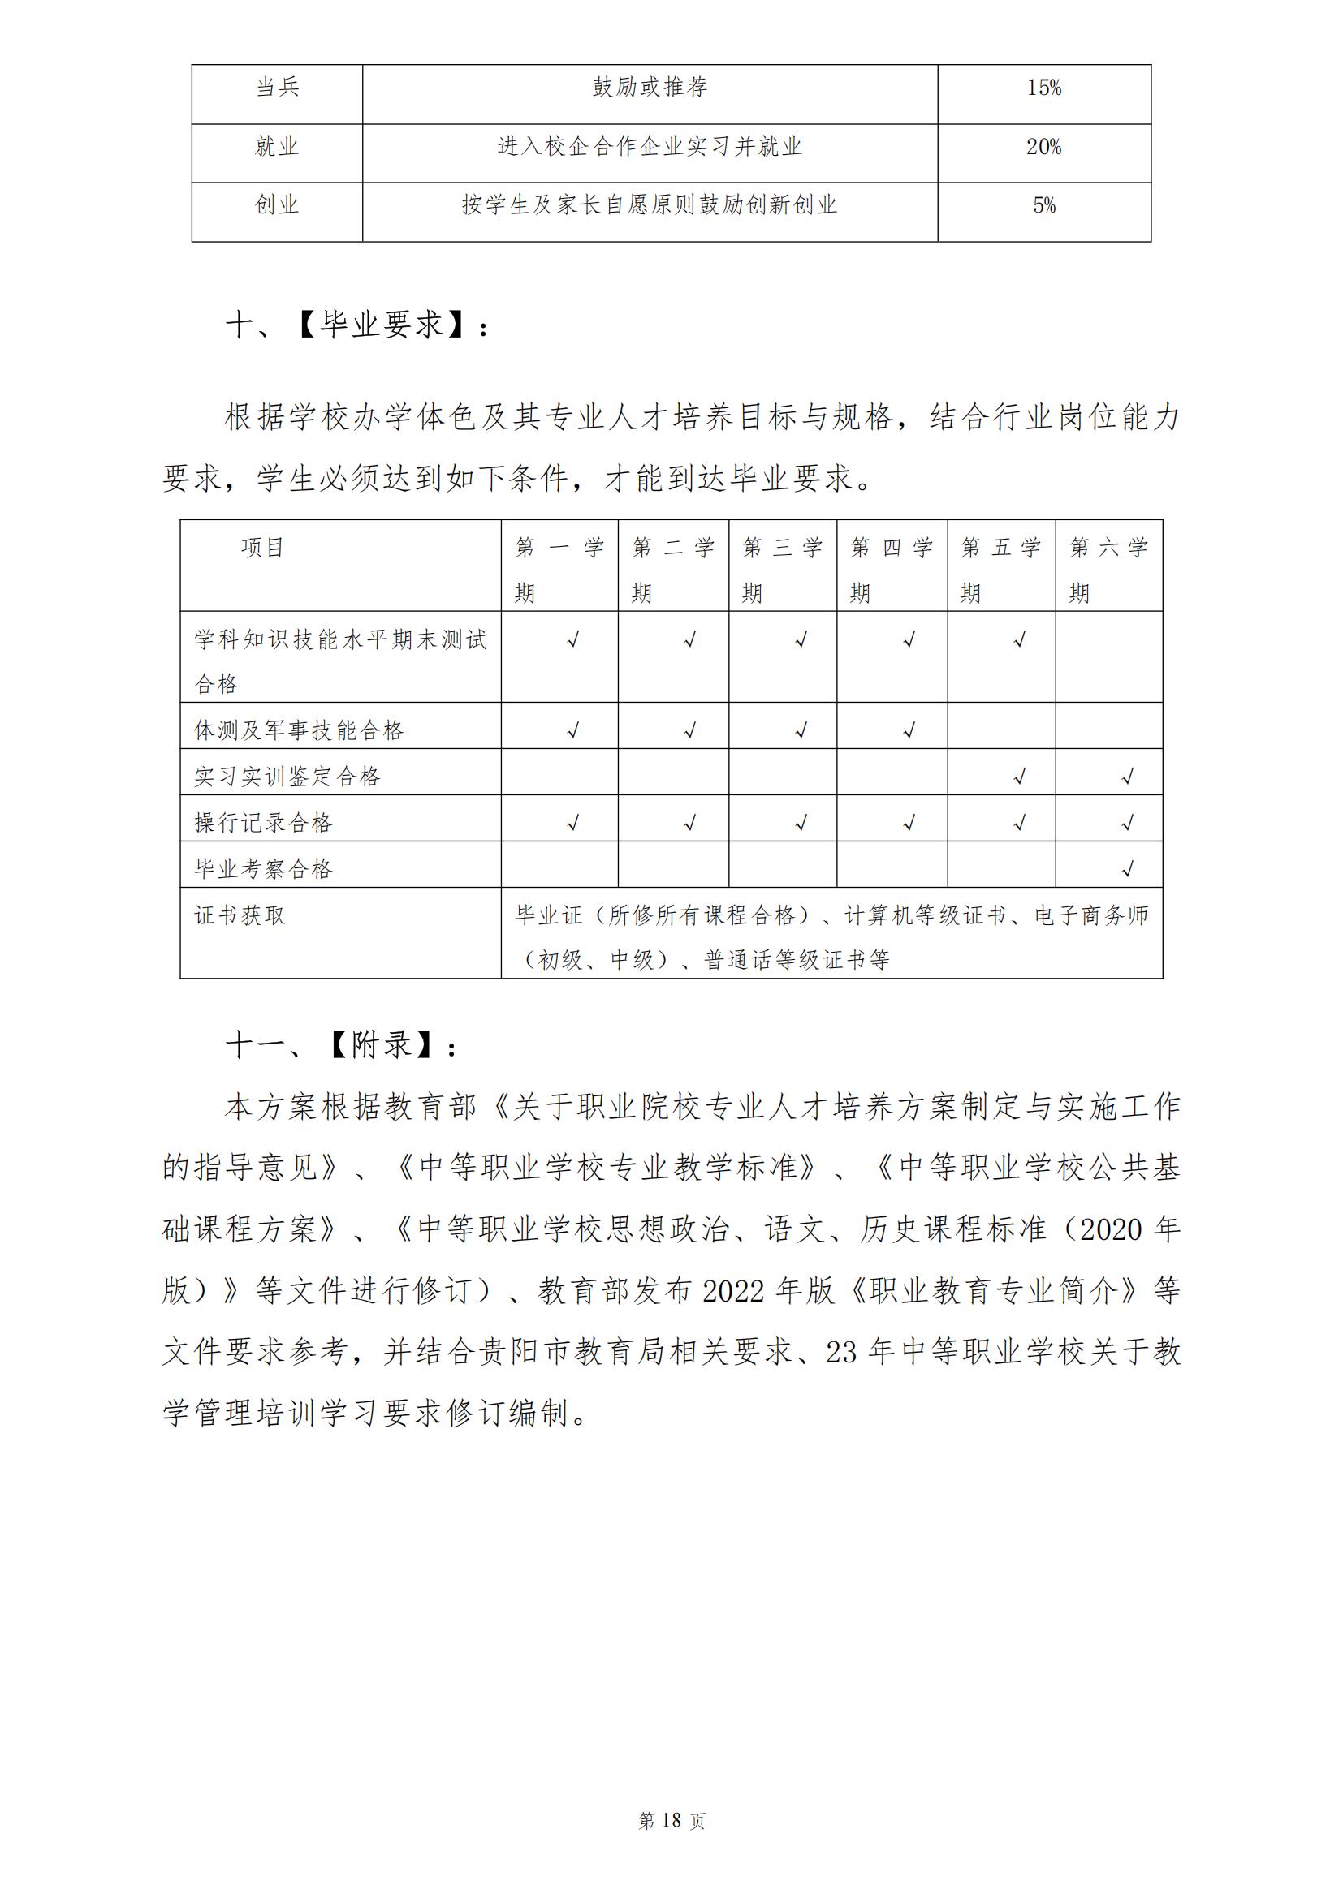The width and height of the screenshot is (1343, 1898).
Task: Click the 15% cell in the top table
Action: [x=1043, y=88]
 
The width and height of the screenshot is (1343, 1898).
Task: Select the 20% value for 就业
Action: [x=1043, y=147]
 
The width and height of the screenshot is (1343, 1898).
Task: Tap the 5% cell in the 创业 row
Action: [x=1043, y=206]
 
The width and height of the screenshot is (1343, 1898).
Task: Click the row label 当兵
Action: [x=277, y=88]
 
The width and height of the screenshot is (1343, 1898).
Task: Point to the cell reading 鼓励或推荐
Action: [x=650, y=88]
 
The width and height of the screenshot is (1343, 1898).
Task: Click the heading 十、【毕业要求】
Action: [x=358, y=325]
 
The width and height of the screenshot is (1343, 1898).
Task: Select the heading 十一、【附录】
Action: [x=342, y=1046]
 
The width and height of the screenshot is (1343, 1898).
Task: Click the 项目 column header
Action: [x=263, y=547]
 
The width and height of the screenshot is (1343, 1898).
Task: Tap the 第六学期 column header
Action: [x=1108, y=569]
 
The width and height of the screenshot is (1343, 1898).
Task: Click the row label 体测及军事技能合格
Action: [x=300, y=730]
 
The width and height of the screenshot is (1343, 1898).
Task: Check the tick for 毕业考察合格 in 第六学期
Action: [x=1127, y=869]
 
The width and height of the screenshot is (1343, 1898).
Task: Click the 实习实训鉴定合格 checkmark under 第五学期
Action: [x=1020, y=777]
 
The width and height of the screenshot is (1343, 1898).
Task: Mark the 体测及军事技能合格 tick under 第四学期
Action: [x=909, y=730]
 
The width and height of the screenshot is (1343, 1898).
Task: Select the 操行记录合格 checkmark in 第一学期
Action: [x=572, y=823]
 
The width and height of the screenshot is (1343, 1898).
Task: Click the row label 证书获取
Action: [x=240, y=915]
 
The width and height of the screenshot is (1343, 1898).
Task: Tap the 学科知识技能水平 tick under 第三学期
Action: [x=801, y=639]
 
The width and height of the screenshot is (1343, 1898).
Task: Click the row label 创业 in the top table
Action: [x=277, y=206]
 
